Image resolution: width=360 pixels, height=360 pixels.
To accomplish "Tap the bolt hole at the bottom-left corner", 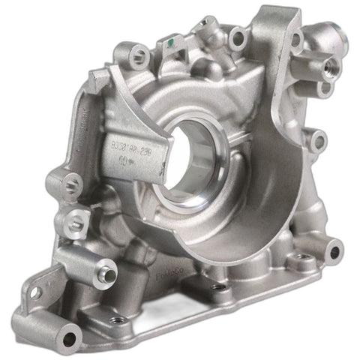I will click(70, 335).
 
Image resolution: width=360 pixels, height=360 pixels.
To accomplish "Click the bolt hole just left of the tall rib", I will click(238, 35).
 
